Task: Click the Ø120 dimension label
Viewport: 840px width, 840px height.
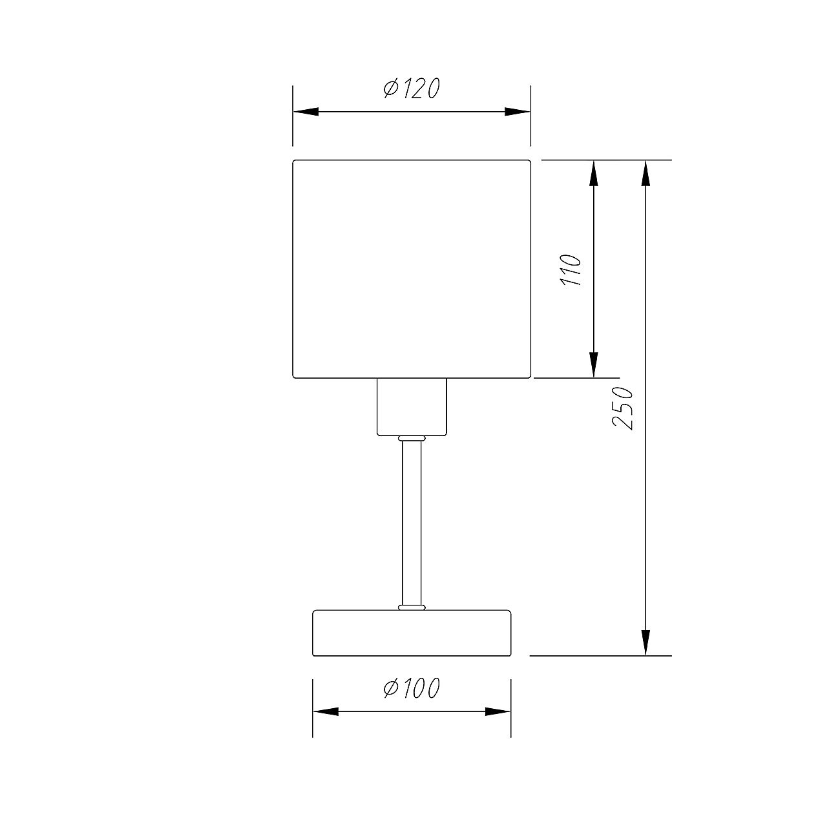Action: [x=412, y=89]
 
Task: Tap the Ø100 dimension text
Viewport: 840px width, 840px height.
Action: [x=412, y=688]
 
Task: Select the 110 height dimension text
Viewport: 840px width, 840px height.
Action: [x=571, y=270]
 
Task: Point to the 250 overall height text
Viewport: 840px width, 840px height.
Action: [x=622, y=408]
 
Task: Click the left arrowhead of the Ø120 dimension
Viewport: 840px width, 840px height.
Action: [x=306, y=112]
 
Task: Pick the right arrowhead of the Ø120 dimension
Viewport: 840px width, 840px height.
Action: [x=517, y=112]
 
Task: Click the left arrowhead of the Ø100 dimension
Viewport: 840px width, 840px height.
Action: [x=326, y=712]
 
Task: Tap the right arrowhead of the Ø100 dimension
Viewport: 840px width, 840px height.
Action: [x=498, y=712]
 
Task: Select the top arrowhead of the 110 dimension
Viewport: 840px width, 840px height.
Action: [x=593, y=174]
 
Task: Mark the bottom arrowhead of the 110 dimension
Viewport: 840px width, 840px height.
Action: [x=593, y=364]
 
